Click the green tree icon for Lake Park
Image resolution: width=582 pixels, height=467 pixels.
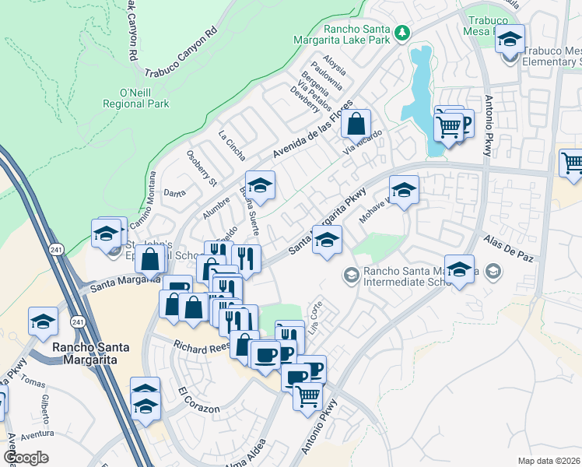[x=402, y=32]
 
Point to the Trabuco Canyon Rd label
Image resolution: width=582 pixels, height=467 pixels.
[x=180, y=54]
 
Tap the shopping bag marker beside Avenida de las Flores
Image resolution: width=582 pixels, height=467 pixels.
[x=355, y=124]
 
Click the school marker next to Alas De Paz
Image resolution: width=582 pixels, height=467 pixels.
[x=460, y=269]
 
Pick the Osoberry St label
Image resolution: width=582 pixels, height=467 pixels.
[x=202, y=167]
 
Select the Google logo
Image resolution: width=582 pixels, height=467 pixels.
[x=26, y=458]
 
